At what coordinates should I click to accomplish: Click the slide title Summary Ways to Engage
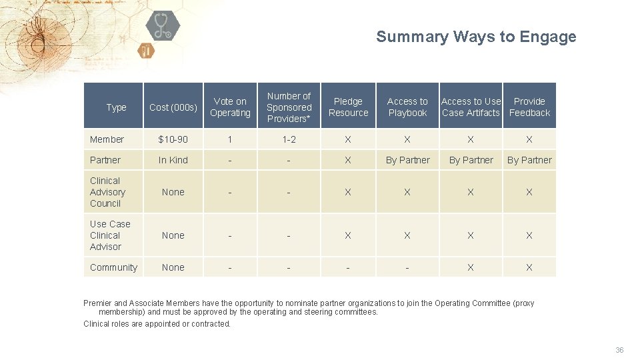click(476, 37)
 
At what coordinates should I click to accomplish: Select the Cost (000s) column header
click(173, 107)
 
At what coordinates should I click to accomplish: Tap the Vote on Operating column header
click(230, 107)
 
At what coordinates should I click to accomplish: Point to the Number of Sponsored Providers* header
click(289, 107)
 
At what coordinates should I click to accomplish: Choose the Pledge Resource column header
click(348, 107)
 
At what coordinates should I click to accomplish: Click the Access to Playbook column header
click(407, 107)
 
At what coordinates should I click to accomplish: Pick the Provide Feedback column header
click(529, 107)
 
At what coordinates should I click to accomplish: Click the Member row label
click(107, 139)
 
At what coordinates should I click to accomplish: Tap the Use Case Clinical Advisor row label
click(109, 235)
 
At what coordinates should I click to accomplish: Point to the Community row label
click(113, 267)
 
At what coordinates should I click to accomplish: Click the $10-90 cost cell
click(173, 139)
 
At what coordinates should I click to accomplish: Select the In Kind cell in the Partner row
click(173, 160)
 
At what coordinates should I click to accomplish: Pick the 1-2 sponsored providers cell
click(289, 139)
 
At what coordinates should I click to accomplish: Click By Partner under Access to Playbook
click(407, 160)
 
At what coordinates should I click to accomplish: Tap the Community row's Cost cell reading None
click(173, 267)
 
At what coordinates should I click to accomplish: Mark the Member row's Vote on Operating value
click(230, 139)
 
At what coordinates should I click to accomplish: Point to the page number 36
click(619, 350)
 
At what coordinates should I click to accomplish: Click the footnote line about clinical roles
click(157, 324)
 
